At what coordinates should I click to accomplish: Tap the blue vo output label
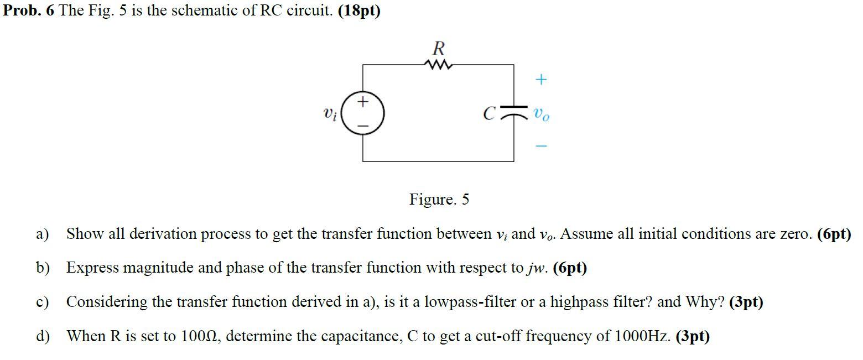(x=542, y=114)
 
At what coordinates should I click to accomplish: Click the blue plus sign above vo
(x=541, y=80)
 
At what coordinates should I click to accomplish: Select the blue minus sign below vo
(x=541, y=147)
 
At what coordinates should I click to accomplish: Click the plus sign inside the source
(x=363, y=102)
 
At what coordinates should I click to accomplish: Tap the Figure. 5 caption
(x=439, y=199)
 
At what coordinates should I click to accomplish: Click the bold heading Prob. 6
(x=28, y=11)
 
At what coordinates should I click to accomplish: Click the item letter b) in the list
(x=43, y=268)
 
